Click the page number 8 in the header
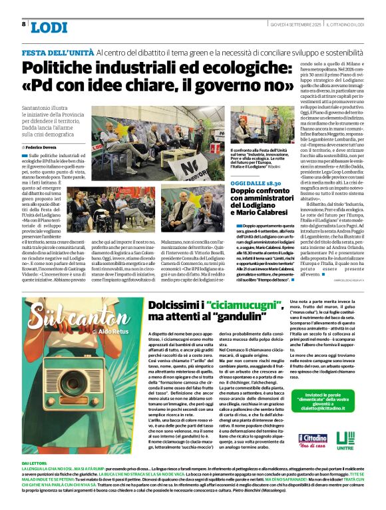tap(24, 24)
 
